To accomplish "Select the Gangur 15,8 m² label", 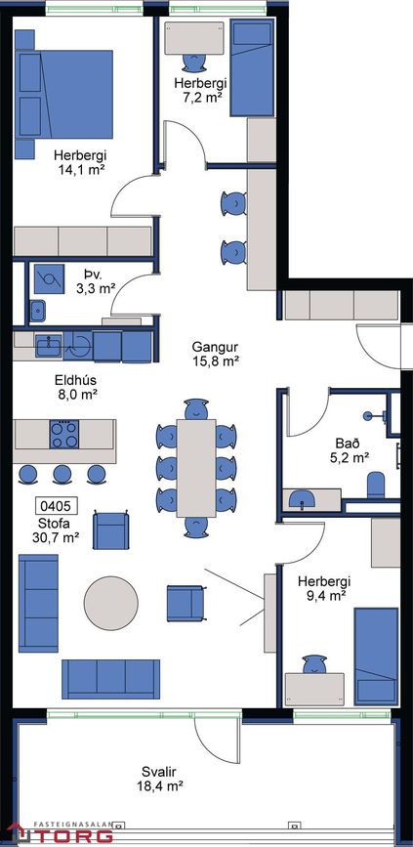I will (216, 354).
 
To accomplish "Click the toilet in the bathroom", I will (375, 486).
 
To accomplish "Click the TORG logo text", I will (72, 834).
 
